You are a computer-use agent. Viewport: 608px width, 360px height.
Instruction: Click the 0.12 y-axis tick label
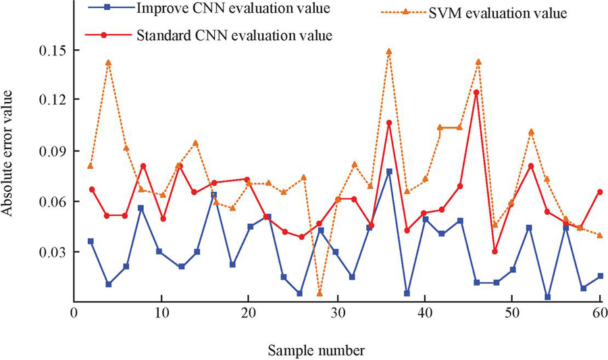tap(51, 99)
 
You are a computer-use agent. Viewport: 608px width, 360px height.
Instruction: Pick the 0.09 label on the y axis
tap(51, 151)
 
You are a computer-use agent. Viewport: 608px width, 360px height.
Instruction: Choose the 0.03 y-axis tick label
tap(51, 252)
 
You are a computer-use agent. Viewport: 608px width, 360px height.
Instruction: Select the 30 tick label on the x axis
tap(336, 314)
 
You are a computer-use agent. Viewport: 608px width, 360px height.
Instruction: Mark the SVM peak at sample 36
tap(389, 51)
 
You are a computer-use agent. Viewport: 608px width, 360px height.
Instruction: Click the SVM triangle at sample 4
tap(108, 62)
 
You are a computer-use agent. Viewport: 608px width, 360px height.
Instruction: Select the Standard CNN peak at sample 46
tap(476, 93)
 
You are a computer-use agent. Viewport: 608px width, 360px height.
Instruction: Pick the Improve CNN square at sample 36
tap(389, 172)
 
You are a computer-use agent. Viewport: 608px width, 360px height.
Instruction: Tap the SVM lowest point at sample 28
tap(320, 293)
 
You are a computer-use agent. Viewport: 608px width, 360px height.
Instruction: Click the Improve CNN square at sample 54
tap(529, 297)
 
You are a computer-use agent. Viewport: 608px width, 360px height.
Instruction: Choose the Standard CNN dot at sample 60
tap(599, 192)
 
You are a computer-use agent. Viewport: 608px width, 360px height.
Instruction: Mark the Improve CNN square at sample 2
tap(91, 241)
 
